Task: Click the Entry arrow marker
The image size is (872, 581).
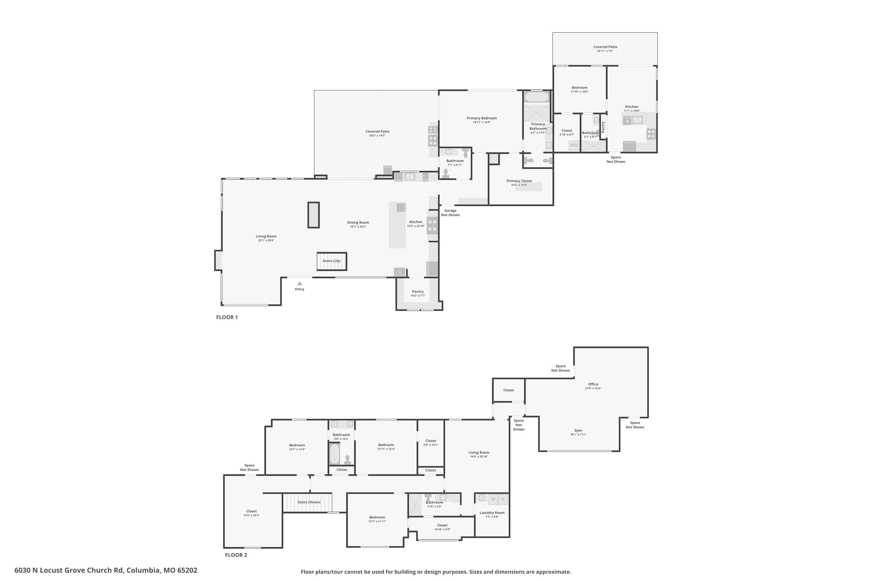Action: pos(300,284)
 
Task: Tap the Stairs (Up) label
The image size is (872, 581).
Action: pos(331,261)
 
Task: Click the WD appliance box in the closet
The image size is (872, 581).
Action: pos(574,145)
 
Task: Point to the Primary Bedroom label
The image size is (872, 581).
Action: pos(482,118)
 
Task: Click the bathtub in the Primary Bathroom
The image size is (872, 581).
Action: pos(537,97)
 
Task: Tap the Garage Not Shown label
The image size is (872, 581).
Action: pos(451,213)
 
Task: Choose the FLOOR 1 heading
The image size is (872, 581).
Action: pos(227,317)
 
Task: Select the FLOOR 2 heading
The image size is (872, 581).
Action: pos(236,555)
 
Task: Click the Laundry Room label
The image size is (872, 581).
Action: pos(492,513)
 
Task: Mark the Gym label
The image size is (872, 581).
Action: pos(578,431)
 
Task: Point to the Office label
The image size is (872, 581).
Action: pos(593,384)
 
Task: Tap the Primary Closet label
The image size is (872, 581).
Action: pos(519,181)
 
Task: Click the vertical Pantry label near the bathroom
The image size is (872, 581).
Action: pos(603,127)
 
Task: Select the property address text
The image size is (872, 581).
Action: pos(106,570)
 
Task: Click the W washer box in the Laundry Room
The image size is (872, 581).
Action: pos(493,499)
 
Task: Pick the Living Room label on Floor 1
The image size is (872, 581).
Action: pos(266,236)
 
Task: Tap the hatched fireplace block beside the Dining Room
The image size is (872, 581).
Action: pos(313,215)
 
